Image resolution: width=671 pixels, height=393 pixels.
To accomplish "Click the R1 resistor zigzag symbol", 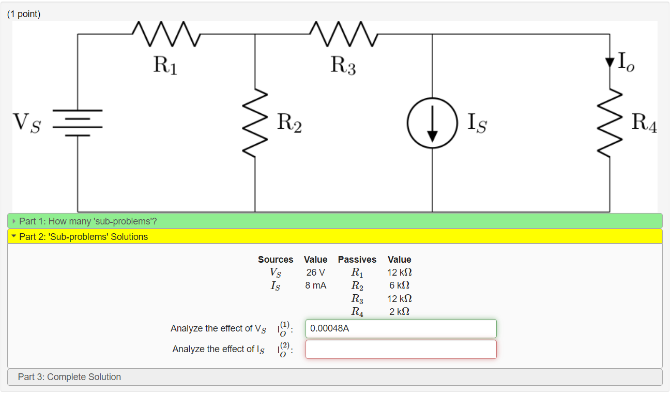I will [165, 34].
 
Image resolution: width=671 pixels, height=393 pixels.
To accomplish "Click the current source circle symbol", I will [432, 123].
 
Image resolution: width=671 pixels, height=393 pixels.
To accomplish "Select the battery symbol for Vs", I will [78, 123].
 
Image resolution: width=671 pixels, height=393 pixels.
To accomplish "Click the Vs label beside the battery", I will [27, 123].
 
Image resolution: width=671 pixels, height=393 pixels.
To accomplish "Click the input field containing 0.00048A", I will [401, 328].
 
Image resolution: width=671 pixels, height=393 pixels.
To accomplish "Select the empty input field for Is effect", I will [401, 349].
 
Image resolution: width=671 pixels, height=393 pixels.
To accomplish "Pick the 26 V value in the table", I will [315, 273].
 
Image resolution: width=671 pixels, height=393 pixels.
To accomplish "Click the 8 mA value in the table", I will [315, 285].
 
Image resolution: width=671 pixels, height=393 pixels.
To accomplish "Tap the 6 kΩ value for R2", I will [399, 285].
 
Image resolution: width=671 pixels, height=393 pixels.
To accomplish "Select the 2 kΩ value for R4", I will [399, 312].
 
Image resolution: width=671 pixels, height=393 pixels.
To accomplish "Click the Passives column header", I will [357, 260].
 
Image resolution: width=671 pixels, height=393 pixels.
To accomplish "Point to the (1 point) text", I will [24, 14].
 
